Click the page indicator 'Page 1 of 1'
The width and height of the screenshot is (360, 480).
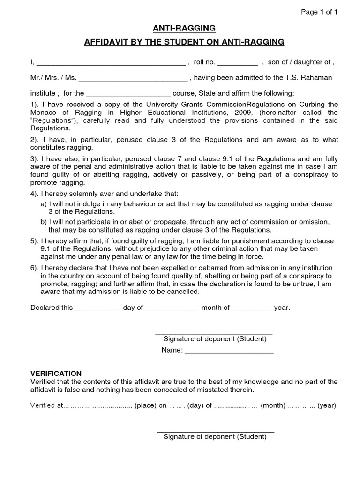(319, 13)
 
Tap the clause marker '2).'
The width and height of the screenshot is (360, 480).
(35, 140)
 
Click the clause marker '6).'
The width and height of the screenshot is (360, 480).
(35, 268)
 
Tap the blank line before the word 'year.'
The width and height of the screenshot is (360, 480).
(252, 308)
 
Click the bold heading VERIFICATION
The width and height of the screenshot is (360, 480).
(56, 374)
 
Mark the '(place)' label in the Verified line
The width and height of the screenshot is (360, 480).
(146, 405)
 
